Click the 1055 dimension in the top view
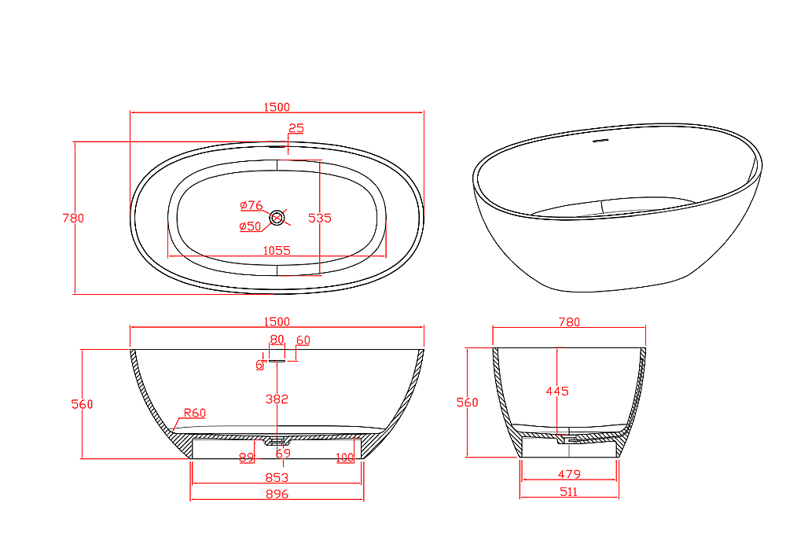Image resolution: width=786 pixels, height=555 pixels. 277,250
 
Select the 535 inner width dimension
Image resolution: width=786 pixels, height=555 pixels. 320,218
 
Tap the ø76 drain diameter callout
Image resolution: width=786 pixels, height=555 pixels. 252,205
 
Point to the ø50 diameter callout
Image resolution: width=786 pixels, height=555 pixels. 250,226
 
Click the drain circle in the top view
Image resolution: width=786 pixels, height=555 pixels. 277,218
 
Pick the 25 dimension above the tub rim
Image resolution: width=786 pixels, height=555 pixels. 296,128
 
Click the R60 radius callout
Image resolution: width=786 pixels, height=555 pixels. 194,413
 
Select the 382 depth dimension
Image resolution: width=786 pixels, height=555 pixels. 277,399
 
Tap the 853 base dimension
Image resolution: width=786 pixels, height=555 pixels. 277,478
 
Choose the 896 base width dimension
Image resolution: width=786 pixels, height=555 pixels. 277,494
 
